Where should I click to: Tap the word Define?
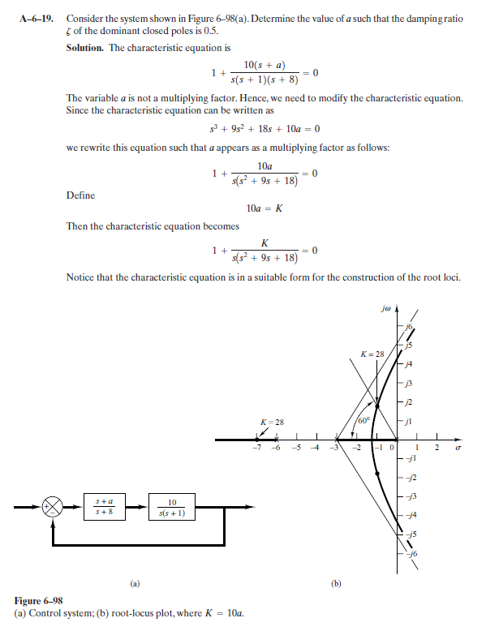click(80, 195)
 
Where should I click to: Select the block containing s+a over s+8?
click(103, 509)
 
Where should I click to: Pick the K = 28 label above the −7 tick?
click(270, 423)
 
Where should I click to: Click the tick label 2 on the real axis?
click(436, 447)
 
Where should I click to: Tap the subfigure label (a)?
click(135, 582)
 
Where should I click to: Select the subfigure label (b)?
click(336, 582)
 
